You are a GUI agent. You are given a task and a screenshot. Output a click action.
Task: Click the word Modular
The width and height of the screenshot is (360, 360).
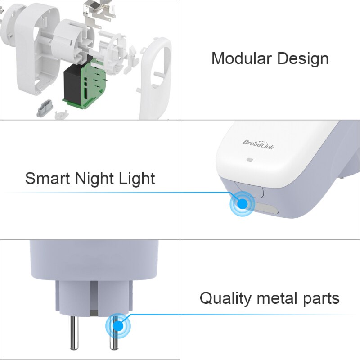pos(241,58)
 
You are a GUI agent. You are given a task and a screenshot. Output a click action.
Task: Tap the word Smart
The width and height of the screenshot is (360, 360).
pos(47,178)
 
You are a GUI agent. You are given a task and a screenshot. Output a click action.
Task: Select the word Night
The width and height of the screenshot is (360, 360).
pos(95,179)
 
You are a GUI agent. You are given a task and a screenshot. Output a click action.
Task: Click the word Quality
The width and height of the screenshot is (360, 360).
pos(225,298)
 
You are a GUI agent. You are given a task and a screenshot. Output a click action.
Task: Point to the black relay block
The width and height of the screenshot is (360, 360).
pos(72,85)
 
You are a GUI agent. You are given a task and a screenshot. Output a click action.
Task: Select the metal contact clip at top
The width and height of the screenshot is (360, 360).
pos(97,11)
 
